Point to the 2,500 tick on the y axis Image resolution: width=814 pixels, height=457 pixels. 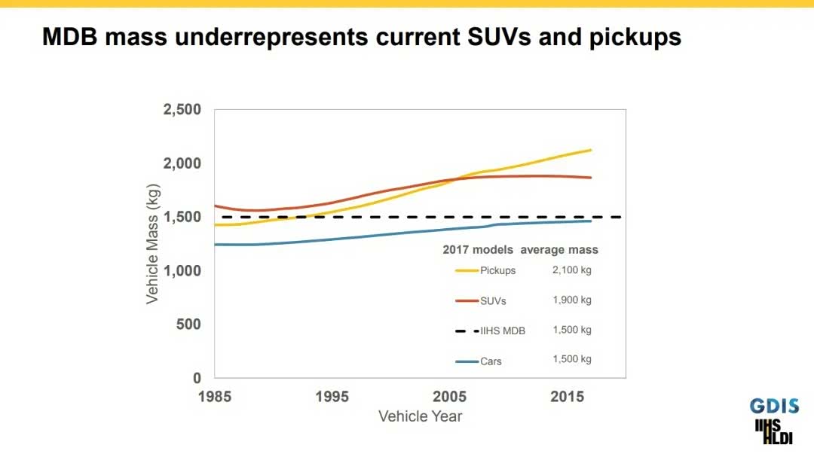click(x=182, y=110)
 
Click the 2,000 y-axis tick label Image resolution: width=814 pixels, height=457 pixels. click(x=182, y=163)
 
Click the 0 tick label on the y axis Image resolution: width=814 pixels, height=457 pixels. click(x=197, y=378)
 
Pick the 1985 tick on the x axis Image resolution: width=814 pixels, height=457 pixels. click(x=215, y=397)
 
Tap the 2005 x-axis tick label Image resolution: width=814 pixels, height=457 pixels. click(x=450, y=397)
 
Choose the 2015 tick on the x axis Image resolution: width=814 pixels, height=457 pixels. click(x=568, y=397)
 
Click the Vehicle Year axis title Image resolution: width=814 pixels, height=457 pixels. click(x=420, y=416)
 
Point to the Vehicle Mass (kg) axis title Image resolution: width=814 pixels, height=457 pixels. click(x=153, y=242)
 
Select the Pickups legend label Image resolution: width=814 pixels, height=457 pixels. click(x=497, y=270)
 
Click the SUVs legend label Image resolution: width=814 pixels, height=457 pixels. click(x=493, y=300)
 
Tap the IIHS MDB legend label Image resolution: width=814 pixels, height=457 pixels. click(x=503, y=331)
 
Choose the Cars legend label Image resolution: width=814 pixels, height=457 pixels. click(x=491, y=361)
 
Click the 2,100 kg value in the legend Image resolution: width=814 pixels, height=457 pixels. click(x=572, y=270)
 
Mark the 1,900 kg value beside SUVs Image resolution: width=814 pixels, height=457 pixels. click(x=572, y=300)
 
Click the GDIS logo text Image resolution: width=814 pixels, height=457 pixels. click(x=774, y=407)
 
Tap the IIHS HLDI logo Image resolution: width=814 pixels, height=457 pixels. click(x=774, y=431)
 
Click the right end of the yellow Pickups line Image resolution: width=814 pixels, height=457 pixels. click(x=591, y=150)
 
